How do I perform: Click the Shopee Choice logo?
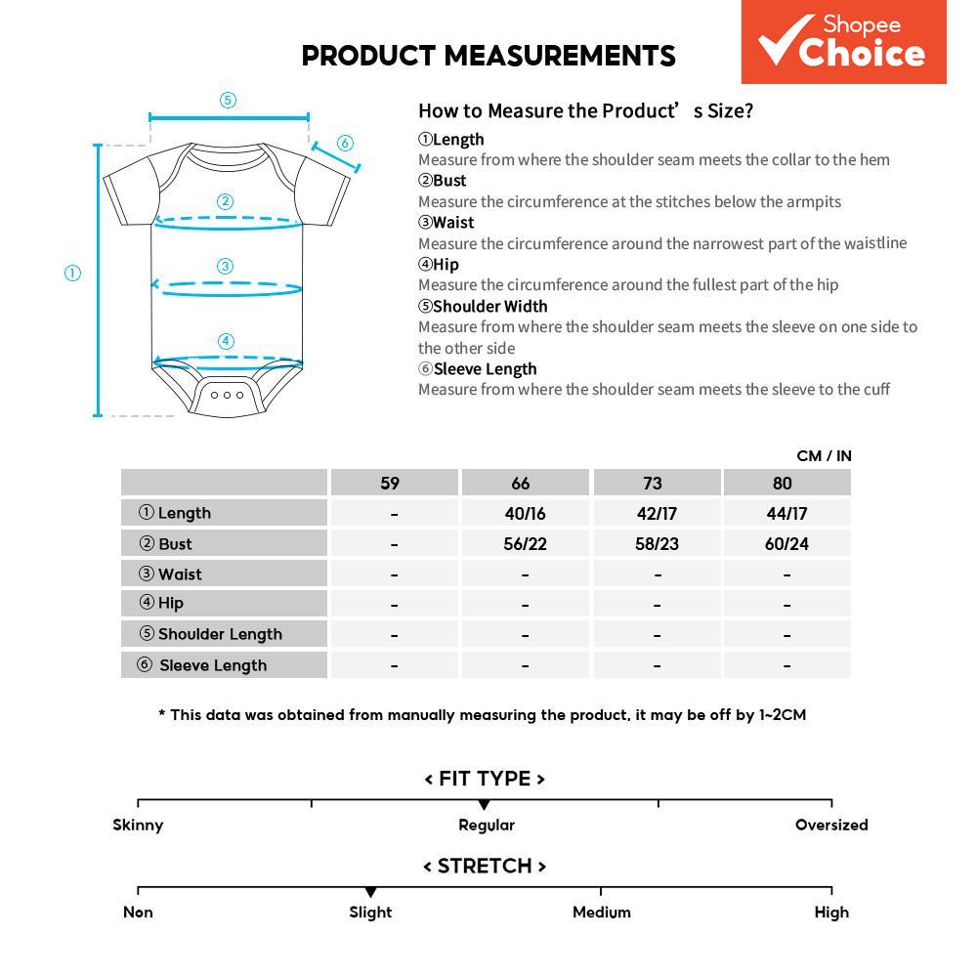click(843, 42)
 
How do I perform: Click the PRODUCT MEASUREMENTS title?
click(488, 56)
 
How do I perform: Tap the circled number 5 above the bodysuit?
click(228, 100)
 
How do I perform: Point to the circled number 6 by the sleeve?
click(345, 144)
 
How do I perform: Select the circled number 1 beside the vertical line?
click(72, 274)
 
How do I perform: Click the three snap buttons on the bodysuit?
click(228, 395)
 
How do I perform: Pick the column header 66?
click(521, 483)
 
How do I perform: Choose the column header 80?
click(783, 483)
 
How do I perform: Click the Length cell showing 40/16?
click(525, 513)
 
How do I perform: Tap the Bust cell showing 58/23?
click(657, 543)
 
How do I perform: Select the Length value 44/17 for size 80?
click(786, 513)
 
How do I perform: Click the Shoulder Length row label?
click(220, 634)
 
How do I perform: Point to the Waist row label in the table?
click(180, 573)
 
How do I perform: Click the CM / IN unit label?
click(824, 455)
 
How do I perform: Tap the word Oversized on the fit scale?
click(831, 825)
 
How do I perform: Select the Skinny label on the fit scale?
click(138, 825)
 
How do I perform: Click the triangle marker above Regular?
click(484, 804)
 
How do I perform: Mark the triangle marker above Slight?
click(370, 892)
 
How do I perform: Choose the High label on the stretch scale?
click(831, 912)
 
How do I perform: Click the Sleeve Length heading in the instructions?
click(485, 368)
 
